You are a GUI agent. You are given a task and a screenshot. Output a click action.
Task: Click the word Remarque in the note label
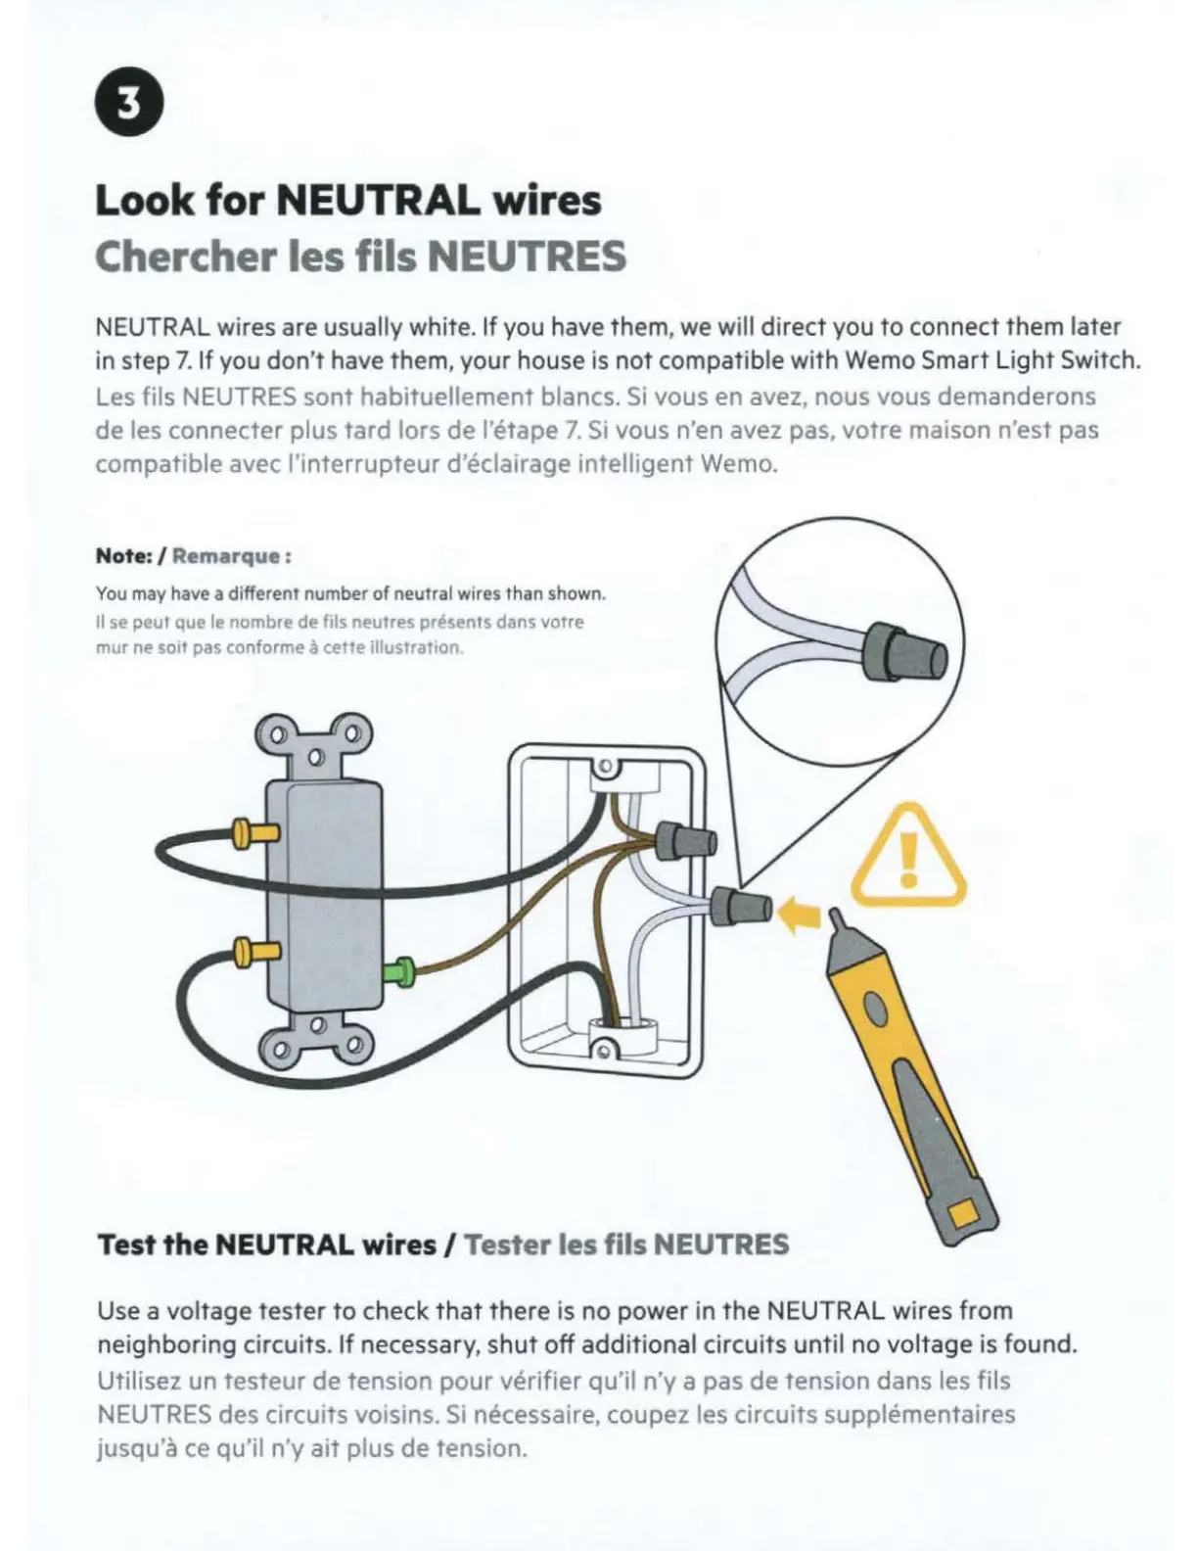(227, 556)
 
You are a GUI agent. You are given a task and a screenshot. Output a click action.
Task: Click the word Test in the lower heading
(126, 1245)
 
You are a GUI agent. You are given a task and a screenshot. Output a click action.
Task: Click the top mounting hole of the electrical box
(606, 764)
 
